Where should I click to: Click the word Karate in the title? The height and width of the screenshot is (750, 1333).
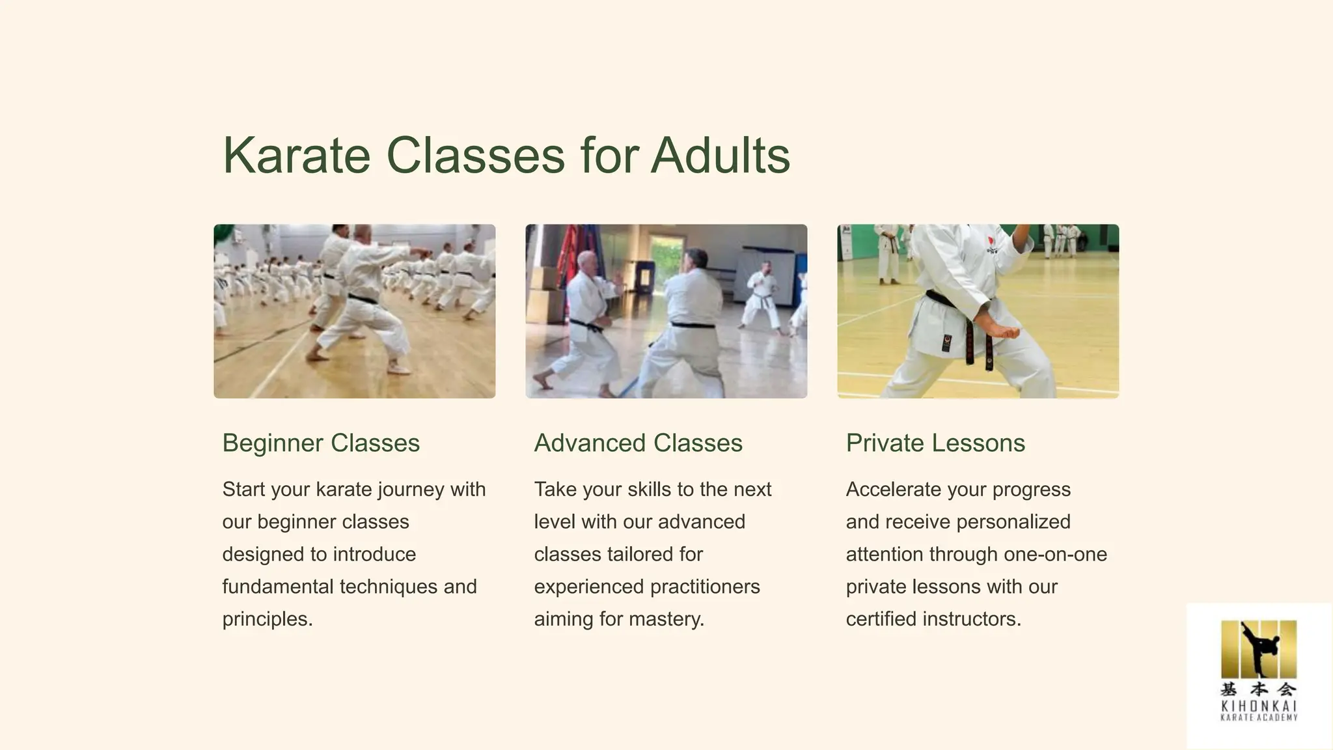click(297, 156)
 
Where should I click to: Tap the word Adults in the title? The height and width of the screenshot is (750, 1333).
click(720, 156)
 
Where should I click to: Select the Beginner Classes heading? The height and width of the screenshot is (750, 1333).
click(321, 443)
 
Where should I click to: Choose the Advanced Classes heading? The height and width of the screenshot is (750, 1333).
click(638, 443)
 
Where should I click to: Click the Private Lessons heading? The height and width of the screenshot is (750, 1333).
click(935, 443)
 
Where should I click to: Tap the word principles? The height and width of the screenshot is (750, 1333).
click(268, 619)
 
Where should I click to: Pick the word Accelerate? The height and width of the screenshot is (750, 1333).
click(893, 490)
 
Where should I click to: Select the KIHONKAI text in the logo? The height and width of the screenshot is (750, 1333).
click(1258, 706)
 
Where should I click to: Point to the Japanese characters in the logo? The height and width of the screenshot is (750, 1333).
click(1258, 689)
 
